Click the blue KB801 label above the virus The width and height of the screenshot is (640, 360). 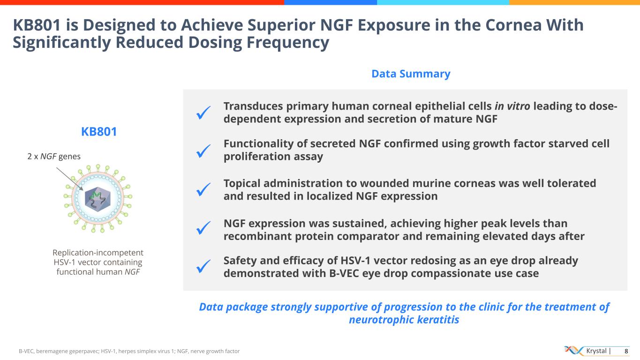[99, 132]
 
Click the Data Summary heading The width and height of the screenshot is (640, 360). [411, 74]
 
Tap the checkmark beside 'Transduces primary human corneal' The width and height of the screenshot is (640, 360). [203, 112]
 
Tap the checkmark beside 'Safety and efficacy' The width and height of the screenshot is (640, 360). [203, 267]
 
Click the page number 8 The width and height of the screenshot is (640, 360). [626, 351]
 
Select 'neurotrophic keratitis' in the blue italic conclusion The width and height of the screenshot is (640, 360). [404, 320]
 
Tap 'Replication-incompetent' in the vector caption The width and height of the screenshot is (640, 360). [98, 253]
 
